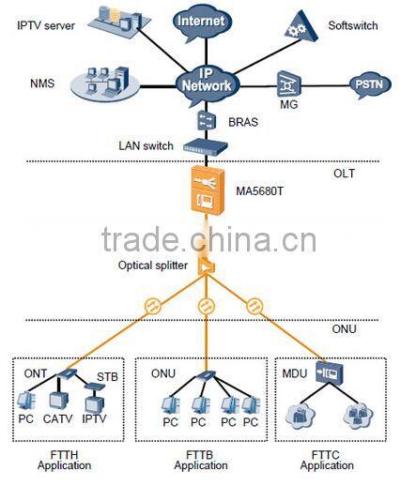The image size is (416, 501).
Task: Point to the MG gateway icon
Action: pyautogui.click(x=287, y=83)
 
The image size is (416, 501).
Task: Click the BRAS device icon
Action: pyautogui.click(x=207, y=120)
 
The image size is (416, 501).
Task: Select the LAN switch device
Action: pyautogui.click(x=206, y=146)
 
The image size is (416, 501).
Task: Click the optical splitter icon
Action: pyautogui.click(x=208, y=268)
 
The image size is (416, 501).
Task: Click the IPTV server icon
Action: pyautogui.click(x=119, y=18)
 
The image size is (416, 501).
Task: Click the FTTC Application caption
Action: pyautogui.click(x=326, y=460)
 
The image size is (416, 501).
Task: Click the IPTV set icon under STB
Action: pyautogui.click(x=94, y=403)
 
